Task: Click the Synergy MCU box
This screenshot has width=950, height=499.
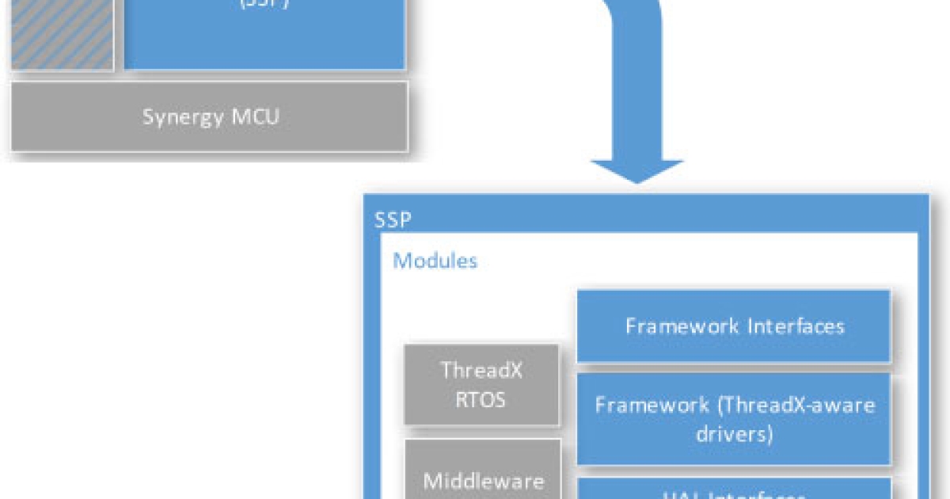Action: pyautogui.click(x=210, y=116)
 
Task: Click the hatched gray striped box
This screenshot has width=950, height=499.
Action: pyautogui.click(x=62, y=36)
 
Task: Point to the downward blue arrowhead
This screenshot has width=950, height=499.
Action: pyautogui.click(x=636, y=170)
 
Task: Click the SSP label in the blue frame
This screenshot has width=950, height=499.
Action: pyautogui.click(x=393, y=219)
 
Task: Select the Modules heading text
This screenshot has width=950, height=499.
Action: pyautogui.click(x=435, y=261)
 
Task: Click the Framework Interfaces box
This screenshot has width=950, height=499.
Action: pyautogui.click(x=734, y=326)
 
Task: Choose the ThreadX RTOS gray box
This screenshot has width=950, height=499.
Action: pyautogui.click(x=481, y=384)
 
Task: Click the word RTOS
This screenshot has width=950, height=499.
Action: pyautogui.click(x=481, y=398)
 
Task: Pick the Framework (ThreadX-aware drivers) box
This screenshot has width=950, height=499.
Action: pyautogui.click(x=734, y=419)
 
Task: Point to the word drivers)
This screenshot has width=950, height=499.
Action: pyautogui.click(x=735, y=434)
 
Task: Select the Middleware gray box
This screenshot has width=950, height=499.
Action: pyautogui.click(x=483, y=471)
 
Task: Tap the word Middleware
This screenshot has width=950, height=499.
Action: pyautogui.click(x=483, y=481)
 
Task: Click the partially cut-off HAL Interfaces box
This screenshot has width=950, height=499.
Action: pyautogui.click(x=734, y=489)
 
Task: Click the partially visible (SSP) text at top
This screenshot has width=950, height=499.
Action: pyautogui.click(x=264, y=4)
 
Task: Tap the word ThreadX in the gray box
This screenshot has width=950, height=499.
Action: pyautogui.click(x=481, y=370)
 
